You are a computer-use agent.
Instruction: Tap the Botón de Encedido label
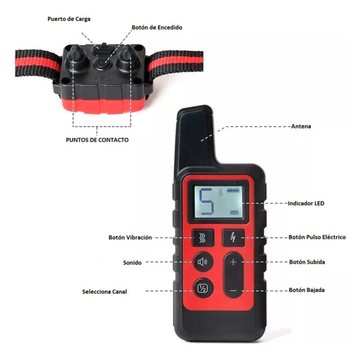pyautogui.click(x=157, y=28)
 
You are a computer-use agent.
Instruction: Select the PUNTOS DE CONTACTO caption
pyautogui.click(x=97, y=140)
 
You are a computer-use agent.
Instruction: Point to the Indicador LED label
pyautogui.click(x=306, y=203)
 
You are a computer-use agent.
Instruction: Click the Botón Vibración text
pyautogui.click(x=130, y=237)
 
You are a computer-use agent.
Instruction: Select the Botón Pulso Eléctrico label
pyautogui.click(x=317, y=237)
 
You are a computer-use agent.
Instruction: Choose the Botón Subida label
pyautogui.click(x=307, y=262)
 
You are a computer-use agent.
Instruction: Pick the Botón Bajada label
pyautogui.click(x=307, y=290)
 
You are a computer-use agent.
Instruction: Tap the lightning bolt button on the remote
pyautogui.click(x=233, y=238)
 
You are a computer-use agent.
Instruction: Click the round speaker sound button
pyautogui.click(x=203, y=262)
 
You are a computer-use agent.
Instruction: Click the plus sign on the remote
pyautogui.click(x=233, y=262)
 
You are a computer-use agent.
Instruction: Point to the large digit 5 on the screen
pyautogui.click(x=206, y=201)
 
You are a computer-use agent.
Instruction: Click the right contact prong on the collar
pyautogui.click(x=127, y=58)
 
